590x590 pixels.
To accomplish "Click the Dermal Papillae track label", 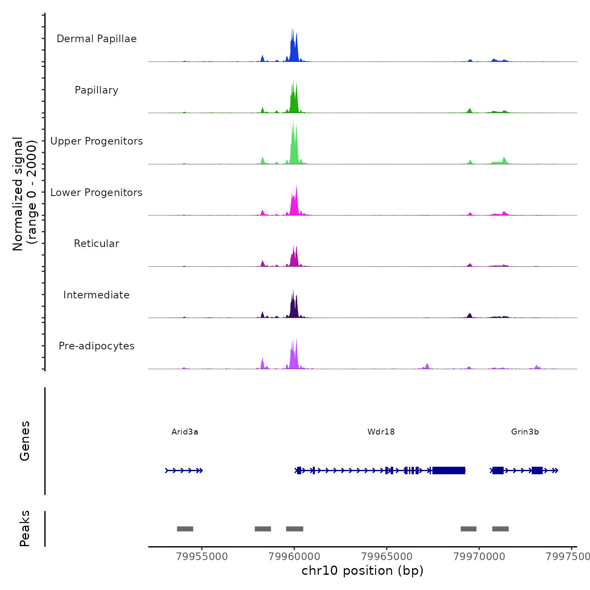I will pyautogui.click(x=97, y=39).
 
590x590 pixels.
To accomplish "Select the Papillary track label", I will pyautogui.click(x=97, y=90).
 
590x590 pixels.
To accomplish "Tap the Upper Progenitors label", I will pyautogui.click(x=97, y=141).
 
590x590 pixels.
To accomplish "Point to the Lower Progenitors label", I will pyautogui.click(x=97, y=193).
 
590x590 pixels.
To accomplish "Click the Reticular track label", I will pyautogui.click(x=97, y=244).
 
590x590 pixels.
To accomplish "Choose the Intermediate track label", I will pyautogui.click(x=97, y=295).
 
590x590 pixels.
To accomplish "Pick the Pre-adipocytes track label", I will pyautogui.click(x=97, y=346).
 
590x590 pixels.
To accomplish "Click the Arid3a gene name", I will pyautogui.click(x=185, y=432).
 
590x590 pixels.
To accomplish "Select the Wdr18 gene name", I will pyautogui.click(x=381, y=432).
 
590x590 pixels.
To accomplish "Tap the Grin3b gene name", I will pyautogui.click(x=525, y=432).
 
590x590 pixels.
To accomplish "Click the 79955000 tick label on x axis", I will pyautogui.click(x=202, y=556).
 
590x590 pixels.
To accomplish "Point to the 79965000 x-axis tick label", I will pyautogui.click(x=387, y=556).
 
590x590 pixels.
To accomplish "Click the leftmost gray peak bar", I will pyautogui.click(x=185, y=529).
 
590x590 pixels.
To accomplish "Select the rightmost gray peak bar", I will pyautogui.click(x=500, y=529).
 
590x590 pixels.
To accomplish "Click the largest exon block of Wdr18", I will pyautogui.click(x=449, y=470).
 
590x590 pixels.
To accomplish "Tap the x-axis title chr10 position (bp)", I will pyautogui.click(x=362, y=571).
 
